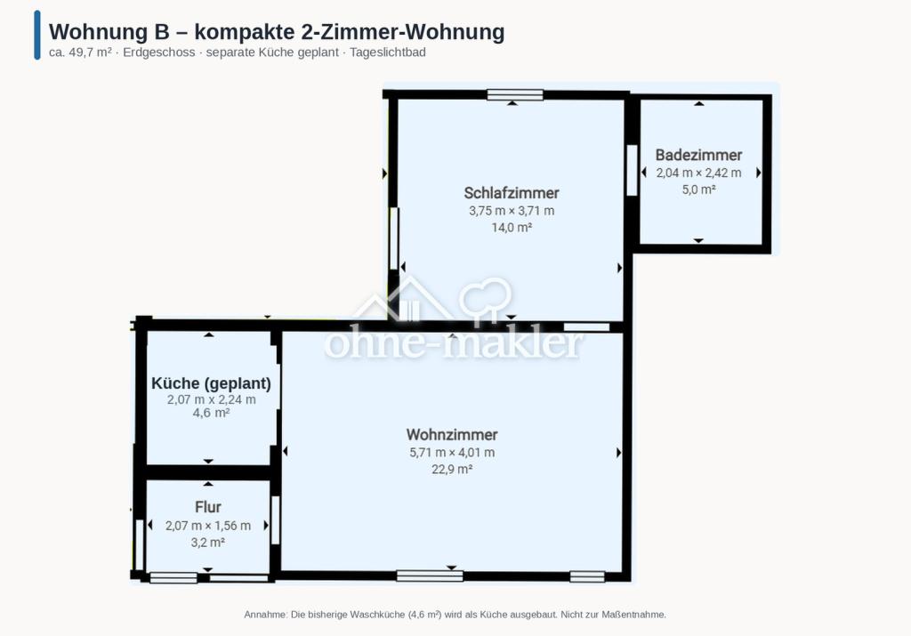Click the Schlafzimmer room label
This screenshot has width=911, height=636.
(x=512, y=193)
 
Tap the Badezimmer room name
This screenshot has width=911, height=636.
(x=698, y=155)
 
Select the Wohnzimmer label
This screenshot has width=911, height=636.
(x=452, y=434)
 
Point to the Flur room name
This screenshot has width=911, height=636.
(x=208, y=507)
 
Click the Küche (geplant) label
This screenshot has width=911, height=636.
(x=211, y=383)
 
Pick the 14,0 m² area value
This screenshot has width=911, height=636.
(x=512, y=228)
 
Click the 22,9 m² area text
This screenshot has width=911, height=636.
(x=452, y=470)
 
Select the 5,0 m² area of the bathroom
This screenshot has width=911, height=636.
(x=698, y=189)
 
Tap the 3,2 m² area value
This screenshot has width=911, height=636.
(x=208, y=543)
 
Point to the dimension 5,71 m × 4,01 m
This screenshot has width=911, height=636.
(x=452, y=453)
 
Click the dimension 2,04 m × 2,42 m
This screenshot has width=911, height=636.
(x=698, y=173)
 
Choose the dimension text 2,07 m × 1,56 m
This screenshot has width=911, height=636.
(x=208, y=526)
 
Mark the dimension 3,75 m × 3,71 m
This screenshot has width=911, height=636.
(x=512, y=211)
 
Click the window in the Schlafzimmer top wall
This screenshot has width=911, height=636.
(x=515, y=94)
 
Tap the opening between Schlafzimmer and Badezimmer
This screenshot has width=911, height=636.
(x=633, y=170)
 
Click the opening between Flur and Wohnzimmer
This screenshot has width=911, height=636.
(x=276, y=520)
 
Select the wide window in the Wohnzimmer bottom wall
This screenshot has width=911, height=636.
(x=430, y=576)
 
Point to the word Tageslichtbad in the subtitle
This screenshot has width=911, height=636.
(x=388, y=52)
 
